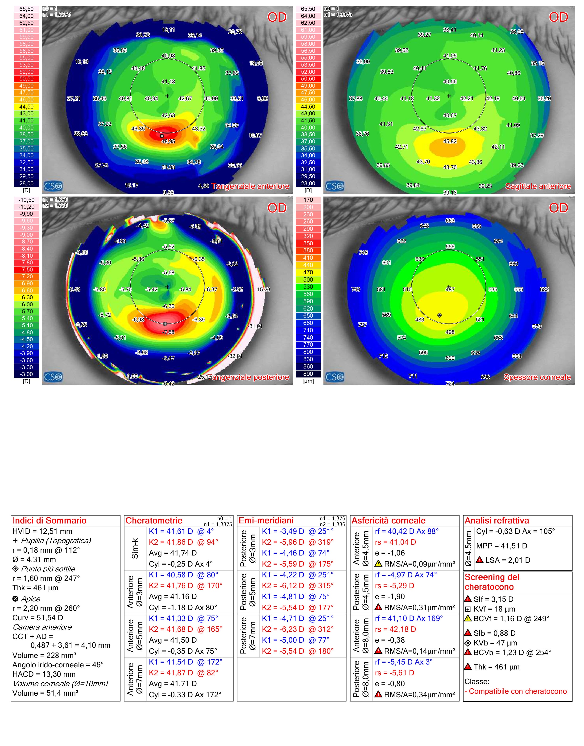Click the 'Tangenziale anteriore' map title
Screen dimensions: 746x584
coord(250,186)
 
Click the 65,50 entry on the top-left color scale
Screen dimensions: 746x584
coord(26,9)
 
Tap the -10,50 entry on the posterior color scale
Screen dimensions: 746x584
coord(26,200)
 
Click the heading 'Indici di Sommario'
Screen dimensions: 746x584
coord(50,521)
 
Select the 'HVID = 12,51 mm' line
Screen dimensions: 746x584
coord(42,531)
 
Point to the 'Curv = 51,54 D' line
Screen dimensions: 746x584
coord(38,618)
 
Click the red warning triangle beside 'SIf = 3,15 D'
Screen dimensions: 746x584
coord(468,599)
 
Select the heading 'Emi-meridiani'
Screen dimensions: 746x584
coord(266,521)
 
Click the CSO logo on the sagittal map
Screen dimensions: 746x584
coord(335,186)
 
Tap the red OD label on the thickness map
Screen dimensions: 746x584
coord(558,208)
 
